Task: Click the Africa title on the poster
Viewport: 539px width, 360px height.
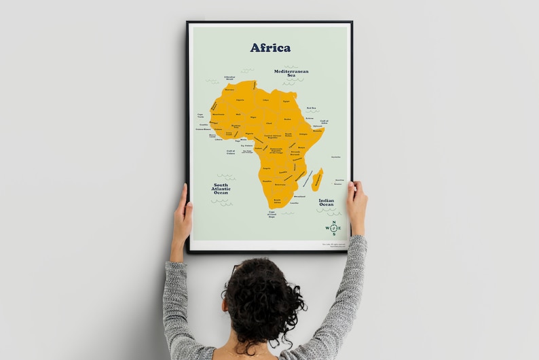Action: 270,48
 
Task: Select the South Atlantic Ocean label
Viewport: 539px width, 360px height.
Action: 221,189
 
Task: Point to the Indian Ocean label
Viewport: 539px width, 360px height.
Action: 327,202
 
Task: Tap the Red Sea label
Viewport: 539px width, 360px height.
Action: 312,108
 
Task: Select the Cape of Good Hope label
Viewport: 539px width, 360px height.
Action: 272,215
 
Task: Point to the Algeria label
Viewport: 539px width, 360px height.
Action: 240,100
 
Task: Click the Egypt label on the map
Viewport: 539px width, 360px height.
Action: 286,101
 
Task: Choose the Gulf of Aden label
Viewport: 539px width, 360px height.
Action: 324,122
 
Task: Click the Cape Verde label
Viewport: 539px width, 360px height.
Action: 200,115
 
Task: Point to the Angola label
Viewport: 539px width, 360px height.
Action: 266,168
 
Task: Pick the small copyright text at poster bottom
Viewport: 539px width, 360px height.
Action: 333,245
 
